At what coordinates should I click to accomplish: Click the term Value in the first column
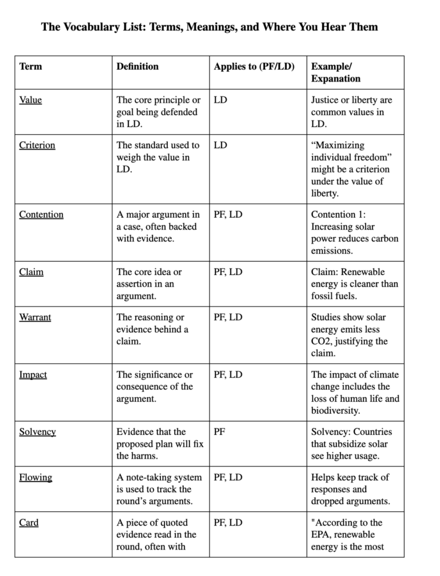(30, 100)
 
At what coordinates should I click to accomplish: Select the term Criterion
(37, 146)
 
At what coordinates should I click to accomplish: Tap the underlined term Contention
(41, 215)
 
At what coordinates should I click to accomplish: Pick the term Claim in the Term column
(31, 272)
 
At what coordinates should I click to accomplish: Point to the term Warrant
(35, 318)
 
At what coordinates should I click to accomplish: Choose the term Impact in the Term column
(33, 375)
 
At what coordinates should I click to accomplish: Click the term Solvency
(37, 432)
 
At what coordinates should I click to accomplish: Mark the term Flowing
(36, 477)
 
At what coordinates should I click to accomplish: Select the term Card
(29, 523)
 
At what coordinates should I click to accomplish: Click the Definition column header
(137, 66)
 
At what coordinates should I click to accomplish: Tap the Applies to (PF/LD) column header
(254, 66)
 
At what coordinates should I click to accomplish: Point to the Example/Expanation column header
(336, 72)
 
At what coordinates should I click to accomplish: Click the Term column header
(30, 66)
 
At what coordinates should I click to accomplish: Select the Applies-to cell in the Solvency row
(219, 432)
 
